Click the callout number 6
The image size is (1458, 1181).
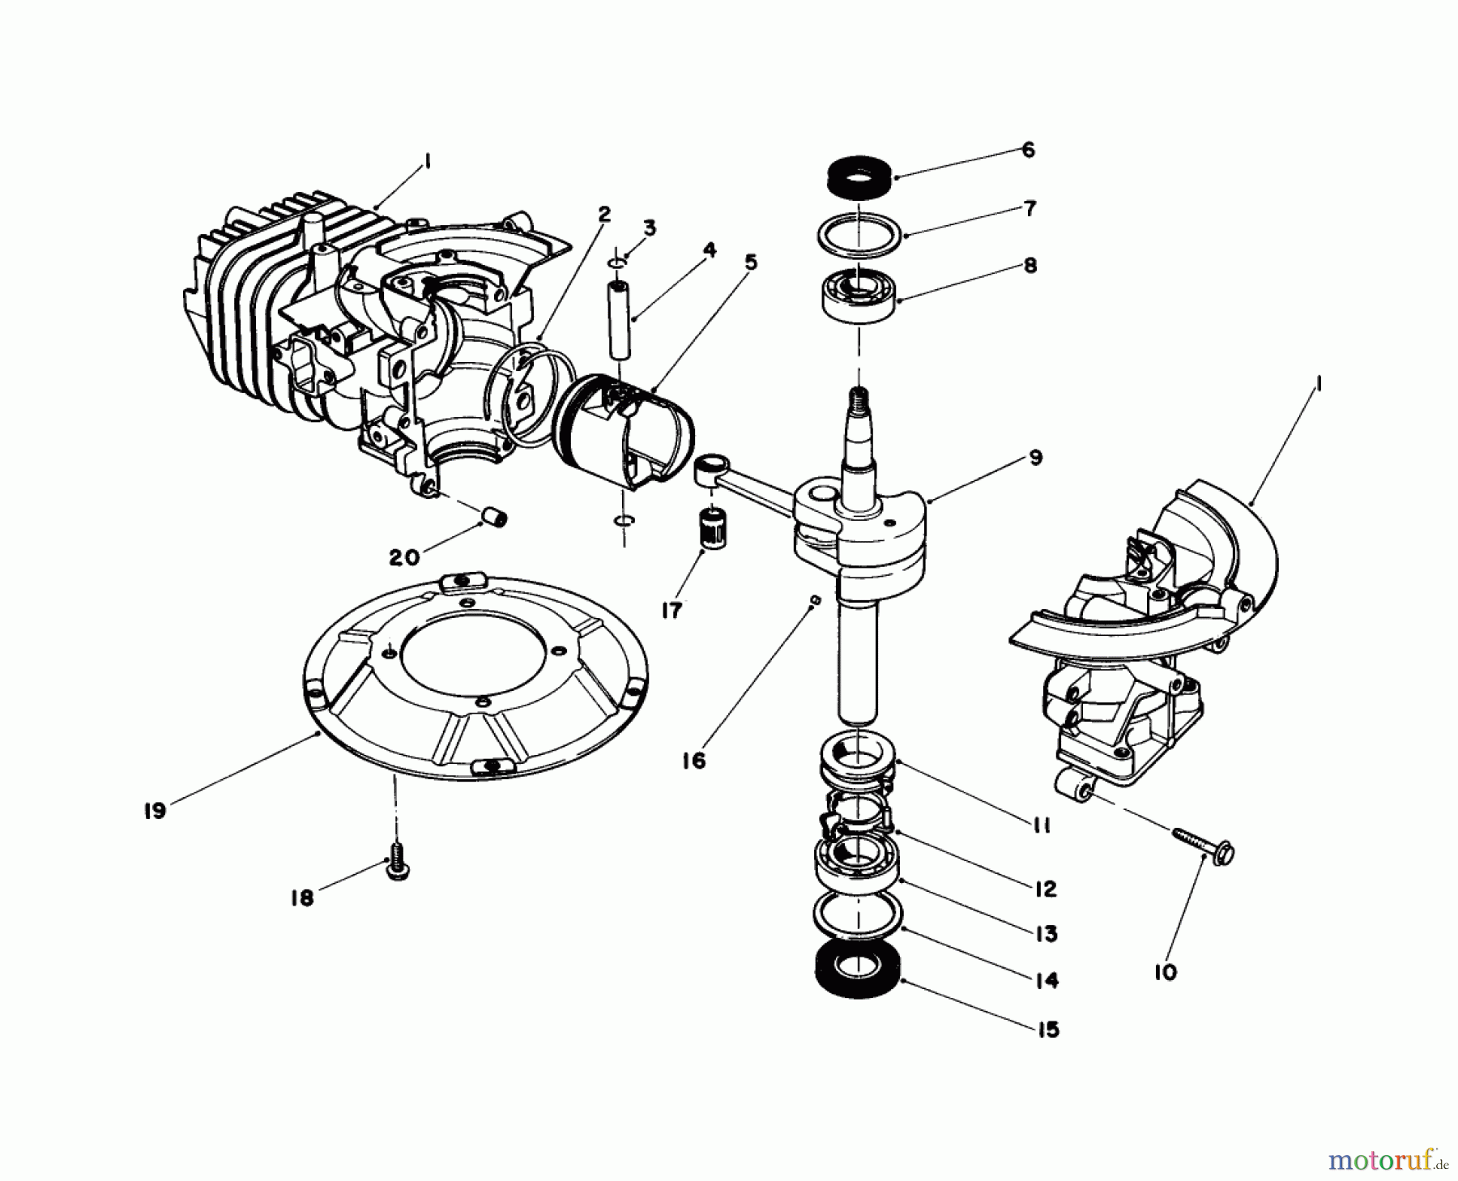1028,151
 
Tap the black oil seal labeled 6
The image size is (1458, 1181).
859,177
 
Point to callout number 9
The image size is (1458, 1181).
1034,458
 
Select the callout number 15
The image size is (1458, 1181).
1047,1030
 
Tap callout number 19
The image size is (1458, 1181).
155,810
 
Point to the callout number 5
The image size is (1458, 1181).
751,263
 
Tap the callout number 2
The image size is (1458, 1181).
603,215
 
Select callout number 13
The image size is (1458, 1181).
1047,934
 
